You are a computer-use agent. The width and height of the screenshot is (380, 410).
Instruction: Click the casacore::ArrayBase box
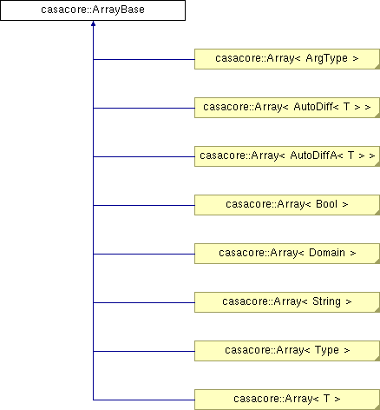93,10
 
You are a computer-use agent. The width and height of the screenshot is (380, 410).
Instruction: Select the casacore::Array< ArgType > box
287,59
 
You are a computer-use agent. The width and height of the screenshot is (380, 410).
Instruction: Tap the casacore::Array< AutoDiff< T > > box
287,108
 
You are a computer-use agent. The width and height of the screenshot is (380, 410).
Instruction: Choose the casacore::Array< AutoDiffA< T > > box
287,156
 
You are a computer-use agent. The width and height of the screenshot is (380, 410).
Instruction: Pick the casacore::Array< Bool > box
287,205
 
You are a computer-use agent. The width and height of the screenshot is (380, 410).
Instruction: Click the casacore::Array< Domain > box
287,254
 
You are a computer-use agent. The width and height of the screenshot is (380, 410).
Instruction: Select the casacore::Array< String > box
287,302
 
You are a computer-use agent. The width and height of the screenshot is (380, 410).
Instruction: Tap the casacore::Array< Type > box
287,351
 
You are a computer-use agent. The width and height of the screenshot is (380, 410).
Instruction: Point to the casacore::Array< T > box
287,400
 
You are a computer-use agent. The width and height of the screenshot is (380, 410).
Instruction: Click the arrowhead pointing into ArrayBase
93,23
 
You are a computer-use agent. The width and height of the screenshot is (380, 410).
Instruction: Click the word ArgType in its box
327,59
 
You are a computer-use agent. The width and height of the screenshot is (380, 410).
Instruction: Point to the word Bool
327,204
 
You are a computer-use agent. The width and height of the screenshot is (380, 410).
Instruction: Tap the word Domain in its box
327,253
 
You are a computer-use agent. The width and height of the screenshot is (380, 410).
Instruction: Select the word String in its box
326,302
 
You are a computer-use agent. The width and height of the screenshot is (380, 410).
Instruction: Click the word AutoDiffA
313,155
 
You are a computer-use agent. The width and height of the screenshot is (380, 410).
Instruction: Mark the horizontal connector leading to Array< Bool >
144,205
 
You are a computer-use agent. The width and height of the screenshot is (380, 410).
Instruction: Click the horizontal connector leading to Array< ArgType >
144,59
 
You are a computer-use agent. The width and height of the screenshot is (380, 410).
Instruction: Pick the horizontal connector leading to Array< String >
144,302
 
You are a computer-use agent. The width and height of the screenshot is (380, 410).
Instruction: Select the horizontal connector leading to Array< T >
144,400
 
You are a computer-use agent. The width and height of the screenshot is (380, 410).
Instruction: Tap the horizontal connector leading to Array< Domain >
144,254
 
